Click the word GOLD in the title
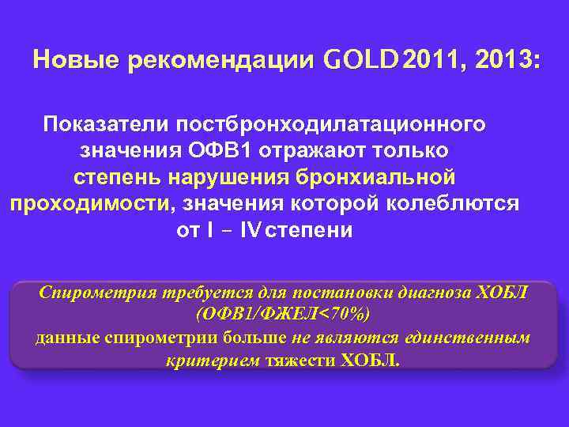362,60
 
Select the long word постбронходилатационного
331,124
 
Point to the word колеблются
454,203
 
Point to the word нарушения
243,176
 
